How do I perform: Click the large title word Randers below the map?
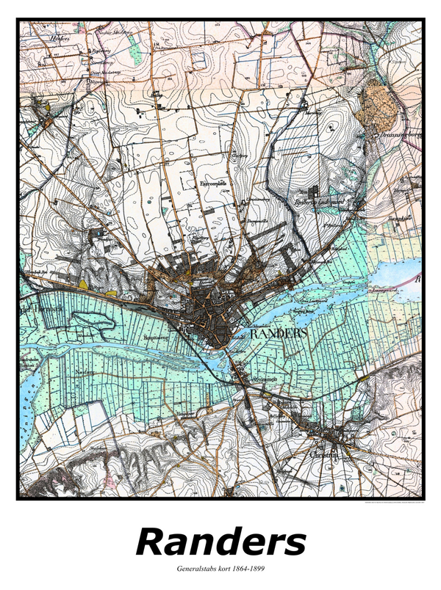220,543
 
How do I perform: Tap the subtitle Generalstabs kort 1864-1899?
220,569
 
